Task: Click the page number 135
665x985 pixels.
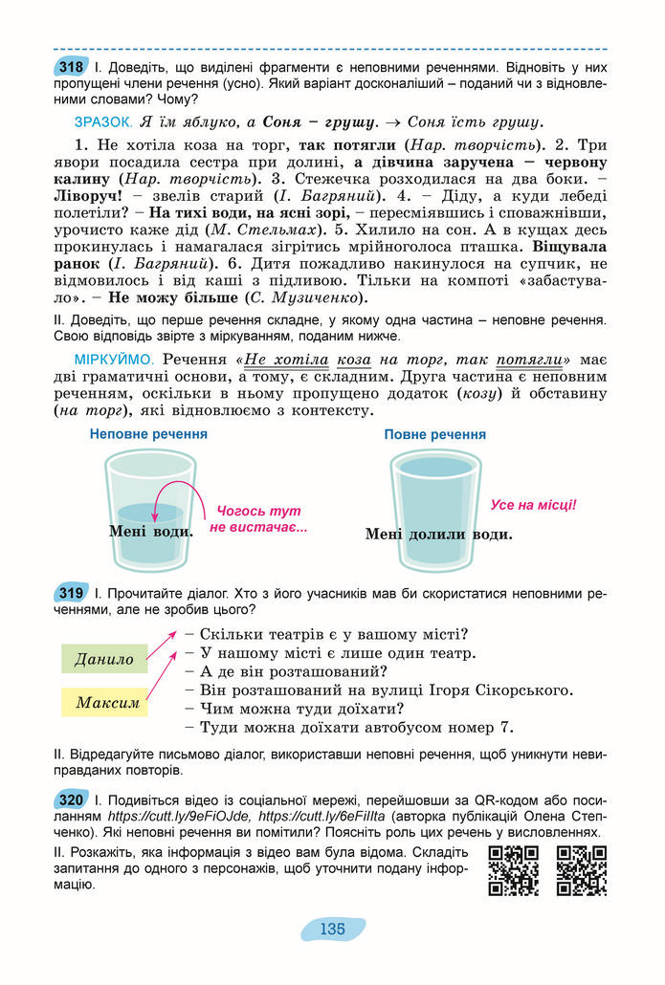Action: pos(332,929)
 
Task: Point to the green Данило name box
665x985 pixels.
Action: pos(104,659)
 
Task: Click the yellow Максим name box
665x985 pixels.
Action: pos(108,703)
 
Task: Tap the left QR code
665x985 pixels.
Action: pos(513,871)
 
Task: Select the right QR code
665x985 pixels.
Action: pos(582,871)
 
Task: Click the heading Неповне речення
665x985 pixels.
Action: pos(148,434)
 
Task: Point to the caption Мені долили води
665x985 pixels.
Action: pos(438,535)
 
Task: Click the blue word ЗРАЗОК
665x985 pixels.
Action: pos(102,122)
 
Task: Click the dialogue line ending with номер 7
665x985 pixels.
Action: pos(357,727)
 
